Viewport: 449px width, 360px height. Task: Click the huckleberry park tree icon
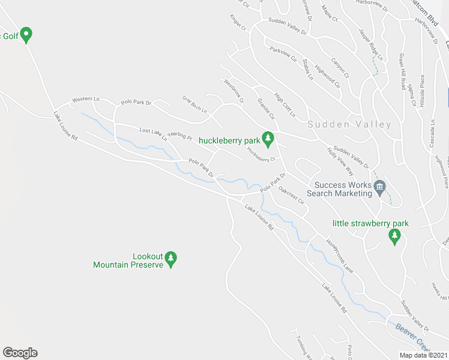point(268,139)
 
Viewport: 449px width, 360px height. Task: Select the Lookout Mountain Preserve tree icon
point(171,259)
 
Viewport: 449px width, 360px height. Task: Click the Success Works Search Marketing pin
point(379,188)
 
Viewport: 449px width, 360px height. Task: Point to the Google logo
point(20,353)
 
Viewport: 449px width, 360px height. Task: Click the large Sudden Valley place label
point(349,125)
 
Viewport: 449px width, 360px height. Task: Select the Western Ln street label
point(84,99)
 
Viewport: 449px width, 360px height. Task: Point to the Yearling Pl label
point(179,137)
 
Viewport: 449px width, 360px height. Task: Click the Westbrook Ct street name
point(234,91)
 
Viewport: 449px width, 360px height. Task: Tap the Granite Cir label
point(265,108)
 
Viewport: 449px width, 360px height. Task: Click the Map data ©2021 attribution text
point(424,355)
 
